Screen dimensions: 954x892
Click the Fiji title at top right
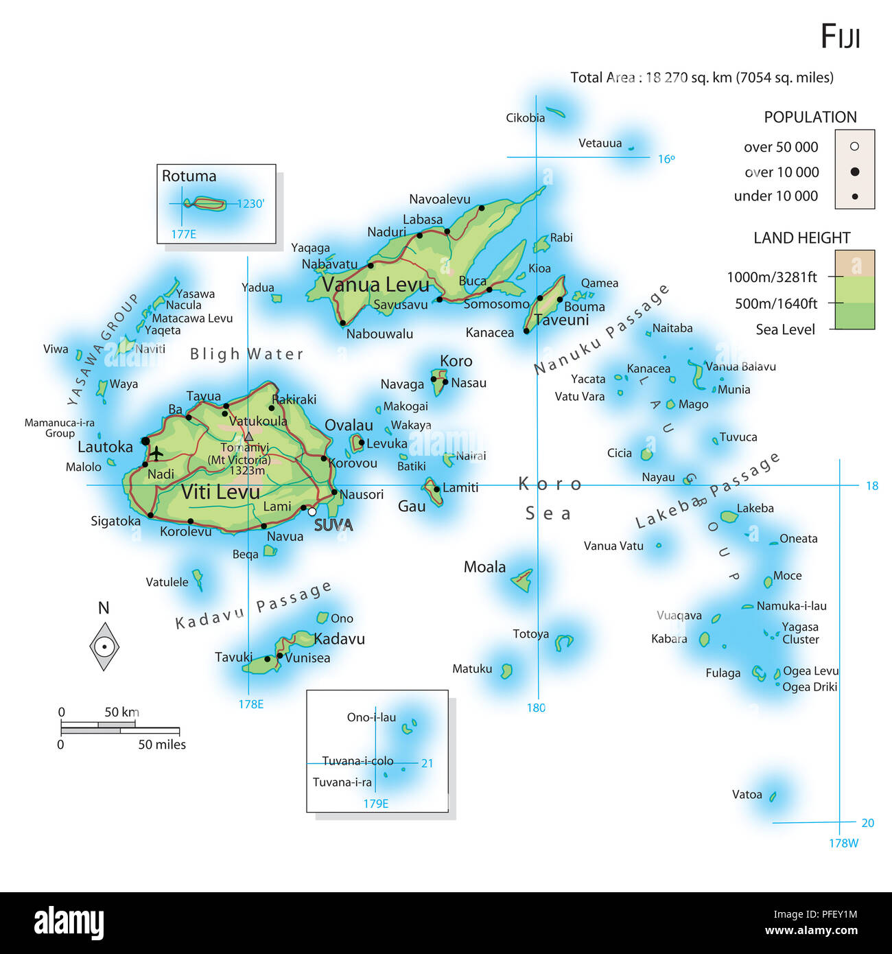coord(840,36)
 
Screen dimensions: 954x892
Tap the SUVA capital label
coord(333,525)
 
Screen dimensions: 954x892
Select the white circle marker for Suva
coord(312,511)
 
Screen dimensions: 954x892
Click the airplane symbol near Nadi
coord(156,454)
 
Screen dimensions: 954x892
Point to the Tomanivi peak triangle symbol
coord(248,436)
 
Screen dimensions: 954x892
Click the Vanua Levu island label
coord(375,284)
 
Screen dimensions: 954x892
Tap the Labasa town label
coord(423,220)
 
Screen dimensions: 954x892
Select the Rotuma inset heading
coord(189,176)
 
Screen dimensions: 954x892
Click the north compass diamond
coord(104,646)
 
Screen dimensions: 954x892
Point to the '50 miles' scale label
coord(162,745)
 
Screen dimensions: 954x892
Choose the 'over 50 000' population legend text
coord(781,148)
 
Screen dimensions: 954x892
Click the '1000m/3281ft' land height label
coord(772,277)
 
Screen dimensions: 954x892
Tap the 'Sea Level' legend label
coord(786,329)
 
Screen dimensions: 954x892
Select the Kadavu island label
coord(339,639)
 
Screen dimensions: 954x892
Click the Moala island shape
coord(523,581)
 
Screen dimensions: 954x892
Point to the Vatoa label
coord(747,795)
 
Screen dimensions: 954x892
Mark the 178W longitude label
coord(843,843)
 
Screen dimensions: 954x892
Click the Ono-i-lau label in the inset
coord(371,717)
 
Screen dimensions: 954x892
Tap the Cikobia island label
coord(526,118)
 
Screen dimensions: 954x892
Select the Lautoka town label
coord(105,447)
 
